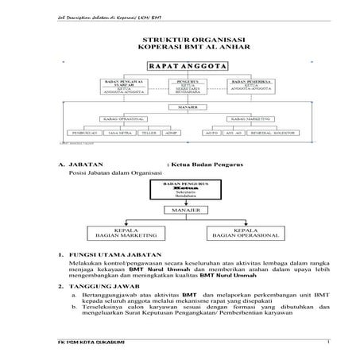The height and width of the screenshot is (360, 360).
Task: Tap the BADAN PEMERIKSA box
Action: pos(254,85)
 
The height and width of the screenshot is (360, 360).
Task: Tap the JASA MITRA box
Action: pos(117,133)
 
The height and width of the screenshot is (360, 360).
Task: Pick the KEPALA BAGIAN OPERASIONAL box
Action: pos(243,234)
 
